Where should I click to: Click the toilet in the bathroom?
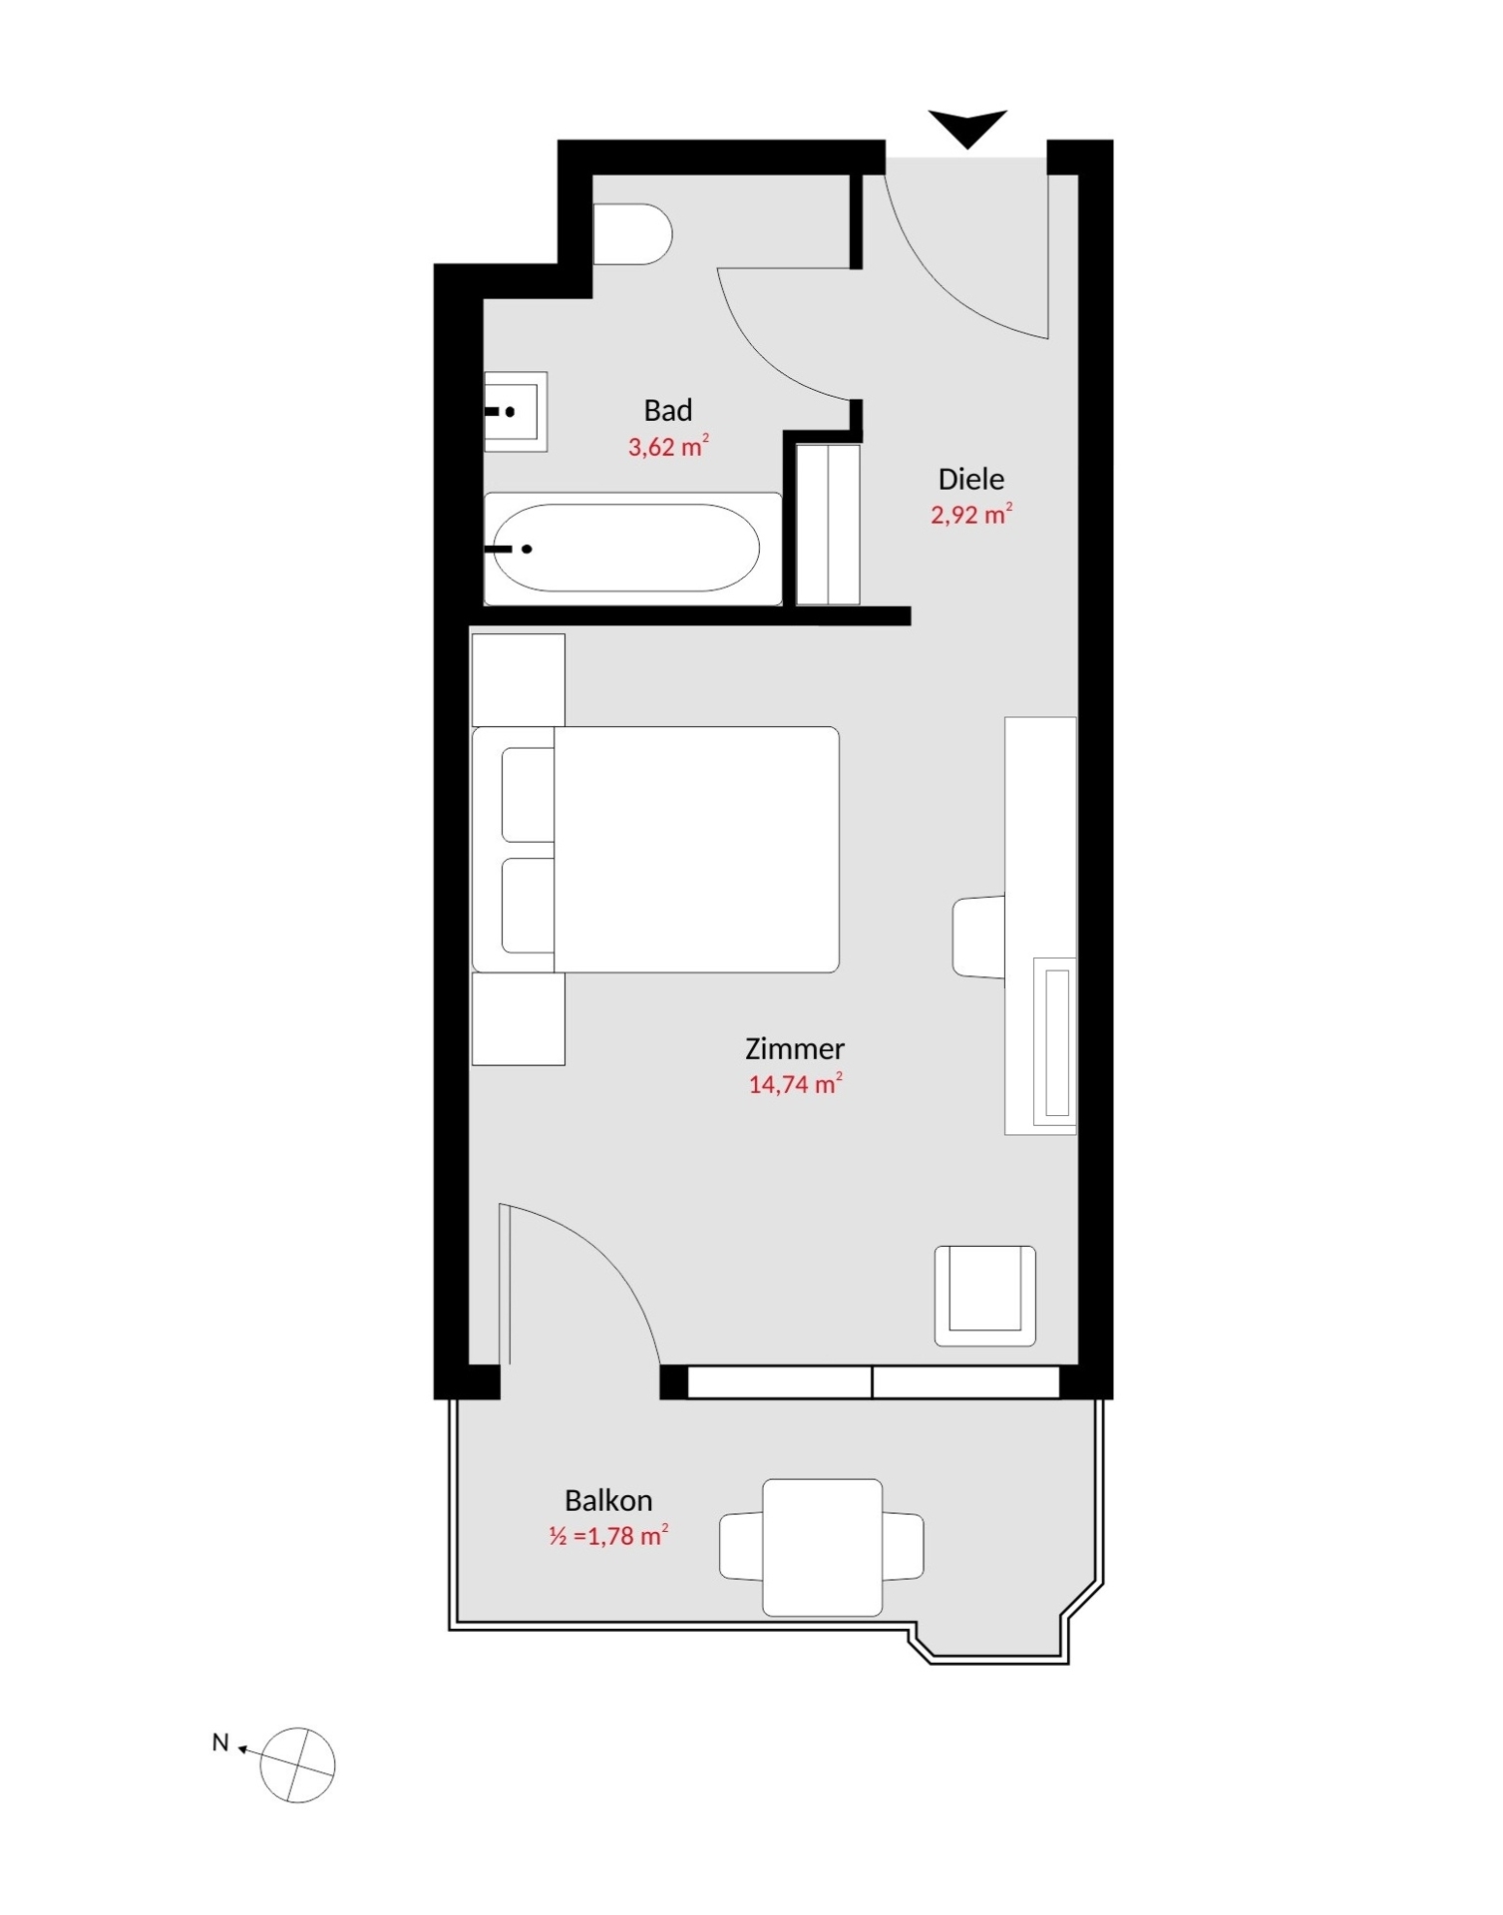[631, 234]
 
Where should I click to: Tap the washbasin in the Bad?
[516, 411]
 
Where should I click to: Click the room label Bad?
[667, 411]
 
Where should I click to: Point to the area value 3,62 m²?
[667, 446]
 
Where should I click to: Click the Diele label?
[970, 480]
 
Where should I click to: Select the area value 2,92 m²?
[970, 515]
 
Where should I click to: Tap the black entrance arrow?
[966, 127]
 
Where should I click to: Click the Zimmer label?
[794, 1048]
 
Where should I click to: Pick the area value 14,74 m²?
[794, 1084]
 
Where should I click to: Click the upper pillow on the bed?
[528, 795]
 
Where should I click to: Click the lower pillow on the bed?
[528, 906]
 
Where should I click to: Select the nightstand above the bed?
[518, 680]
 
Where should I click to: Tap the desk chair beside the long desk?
[978, 937]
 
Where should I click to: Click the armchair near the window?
[984, 1295]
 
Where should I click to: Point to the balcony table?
[822, 1547]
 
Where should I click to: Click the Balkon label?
[607, 1500]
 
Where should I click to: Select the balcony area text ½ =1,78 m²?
[607, 1536]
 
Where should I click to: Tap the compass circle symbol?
[297, 1765]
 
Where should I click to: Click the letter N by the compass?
[220, 1742]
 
